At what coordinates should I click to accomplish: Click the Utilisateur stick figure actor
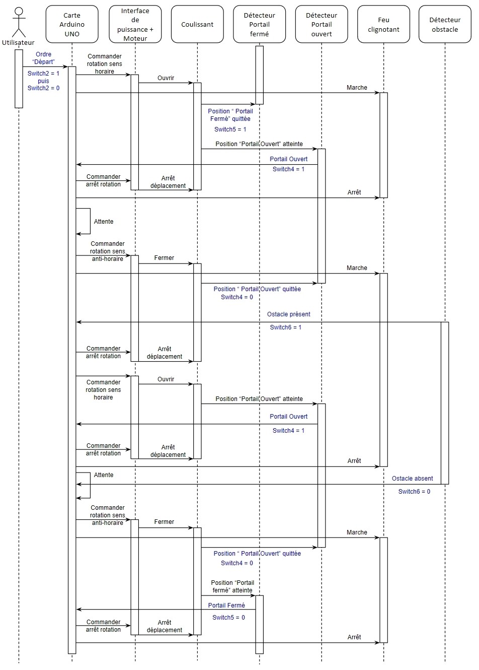(19, 23)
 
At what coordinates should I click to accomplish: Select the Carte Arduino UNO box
(72, 24)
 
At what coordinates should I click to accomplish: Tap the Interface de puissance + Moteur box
(135, 24)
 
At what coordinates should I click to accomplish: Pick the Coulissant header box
(197, 24)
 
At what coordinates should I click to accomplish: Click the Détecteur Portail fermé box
(259, 24)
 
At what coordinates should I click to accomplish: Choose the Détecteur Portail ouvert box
(322, 24)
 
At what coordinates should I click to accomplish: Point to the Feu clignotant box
(384, 24)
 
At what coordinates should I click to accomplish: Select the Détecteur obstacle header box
(445, 24)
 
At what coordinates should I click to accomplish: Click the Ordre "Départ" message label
(44, 58)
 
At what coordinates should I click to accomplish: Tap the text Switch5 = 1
(230, 129)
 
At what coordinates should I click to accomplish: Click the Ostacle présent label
(289, 314)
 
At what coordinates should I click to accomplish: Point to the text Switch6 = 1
(286, 327)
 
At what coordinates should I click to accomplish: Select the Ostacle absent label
(413, 479)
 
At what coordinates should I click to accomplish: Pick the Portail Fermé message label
(226, 606)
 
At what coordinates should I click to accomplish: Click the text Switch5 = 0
(228, 618)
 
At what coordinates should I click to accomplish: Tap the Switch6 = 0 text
(414, 492)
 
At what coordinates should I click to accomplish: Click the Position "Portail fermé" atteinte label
(232, 586)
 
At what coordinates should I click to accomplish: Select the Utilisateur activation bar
(19, 79)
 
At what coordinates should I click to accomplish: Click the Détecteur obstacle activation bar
(445, 403)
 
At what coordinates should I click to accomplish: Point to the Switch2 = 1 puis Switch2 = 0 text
(44, 81)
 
